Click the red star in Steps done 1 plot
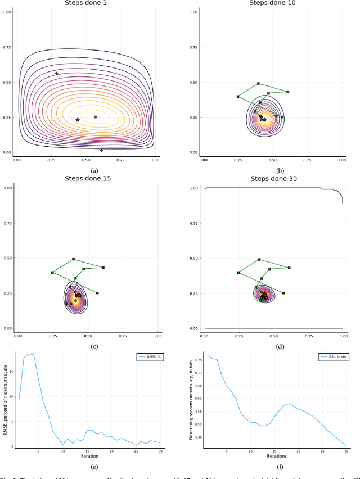pos(78,120)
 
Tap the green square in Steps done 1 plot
pos(95,117)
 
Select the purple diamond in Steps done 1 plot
pos(56,73)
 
